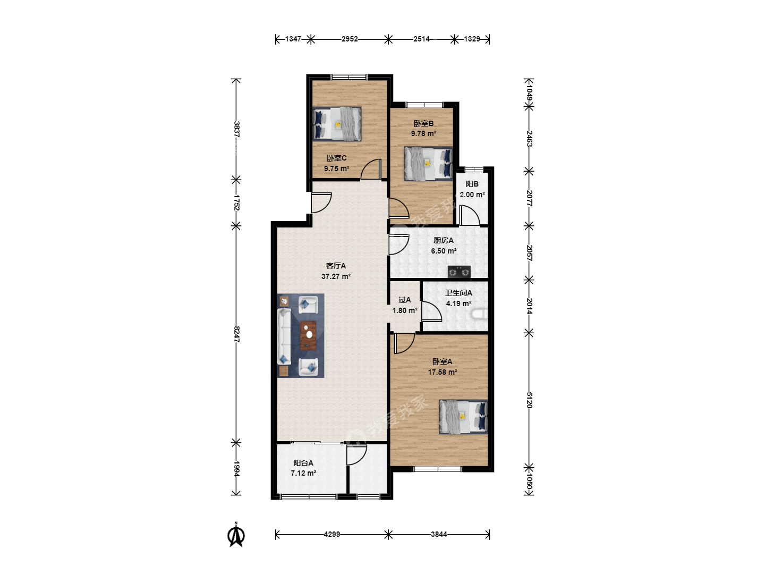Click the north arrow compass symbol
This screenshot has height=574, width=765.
pos(236,535)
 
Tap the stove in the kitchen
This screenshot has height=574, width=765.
pos(459,272)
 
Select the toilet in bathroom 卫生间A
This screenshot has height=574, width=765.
pos(480,314)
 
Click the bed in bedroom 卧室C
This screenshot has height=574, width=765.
pos(337,124)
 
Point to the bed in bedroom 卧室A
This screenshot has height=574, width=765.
pos(463,417)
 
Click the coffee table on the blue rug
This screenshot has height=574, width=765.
pos(309,335)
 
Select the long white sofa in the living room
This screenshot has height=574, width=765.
pos(284,336)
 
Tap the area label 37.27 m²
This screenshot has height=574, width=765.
pos(336,276)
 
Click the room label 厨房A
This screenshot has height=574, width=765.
pos(443,240)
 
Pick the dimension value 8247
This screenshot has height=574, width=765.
pos(236,334)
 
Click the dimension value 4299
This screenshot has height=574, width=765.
pos(332,534)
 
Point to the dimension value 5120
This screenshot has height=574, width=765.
pos(529,400)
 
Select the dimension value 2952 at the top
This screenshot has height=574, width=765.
pos(350,39)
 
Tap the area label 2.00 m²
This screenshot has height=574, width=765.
pos(472,195)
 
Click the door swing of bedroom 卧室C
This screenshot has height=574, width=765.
pos(371,170)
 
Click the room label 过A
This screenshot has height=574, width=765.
pos(405,300)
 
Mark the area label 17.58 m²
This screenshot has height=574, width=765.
pos(443,372)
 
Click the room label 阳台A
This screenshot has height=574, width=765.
pos(303,463)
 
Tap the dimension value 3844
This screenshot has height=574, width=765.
pos(439,534)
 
